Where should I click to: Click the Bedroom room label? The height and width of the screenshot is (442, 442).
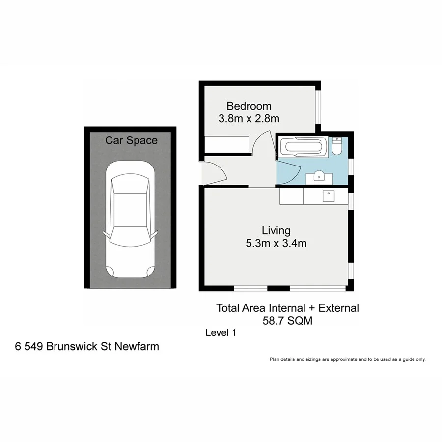pos(249,106)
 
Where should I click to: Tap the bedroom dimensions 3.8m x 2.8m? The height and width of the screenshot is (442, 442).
pos(249,118)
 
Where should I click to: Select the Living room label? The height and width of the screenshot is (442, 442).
pos(276,230)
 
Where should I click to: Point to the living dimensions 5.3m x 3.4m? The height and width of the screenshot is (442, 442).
pos(276,243)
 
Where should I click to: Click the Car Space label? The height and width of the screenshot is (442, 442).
pos(131,140)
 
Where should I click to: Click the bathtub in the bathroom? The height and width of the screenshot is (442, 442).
pos(303,147)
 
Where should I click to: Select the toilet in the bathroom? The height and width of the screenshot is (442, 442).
pos(337,146)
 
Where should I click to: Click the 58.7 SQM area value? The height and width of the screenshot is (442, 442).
pos(288,321)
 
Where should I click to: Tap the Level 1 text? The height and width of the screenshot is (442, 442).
pos(221,333)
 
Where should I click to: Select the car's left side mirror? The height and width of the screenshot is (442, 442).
pos(104,232)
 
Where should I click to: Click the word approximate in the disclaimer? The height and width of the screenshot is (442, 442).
pos(339,359)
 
